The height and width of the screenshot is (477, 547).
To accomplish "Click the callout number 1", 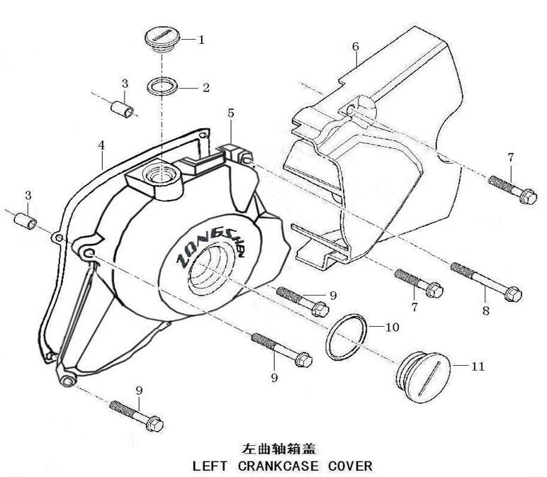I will (201, 40).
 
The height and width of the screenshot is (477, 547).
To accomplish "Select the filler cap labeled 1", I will (162, 38).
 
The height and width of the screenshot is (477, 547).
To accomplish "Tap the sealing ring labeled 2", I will (163, 89).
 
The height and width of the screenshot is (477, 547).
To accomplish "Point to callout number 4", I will (101, 145).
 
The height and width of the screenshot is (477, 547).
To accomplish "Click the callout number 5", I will (230, 112).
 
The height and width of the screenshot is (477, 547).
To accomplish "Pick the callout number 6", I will (355, 47).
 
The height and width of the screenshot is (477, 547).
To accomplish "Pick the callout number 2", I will (205, 89).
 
